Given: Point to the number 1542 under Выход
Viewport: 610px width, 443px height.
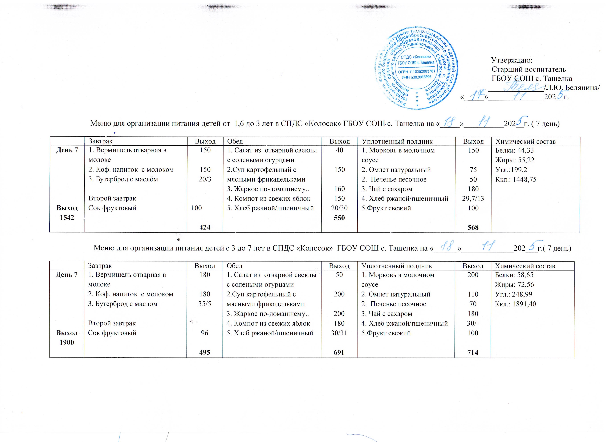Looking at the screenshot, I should point(67,218).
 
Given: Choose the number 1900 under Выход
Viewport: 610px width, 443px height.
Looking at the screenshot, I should point(67,342).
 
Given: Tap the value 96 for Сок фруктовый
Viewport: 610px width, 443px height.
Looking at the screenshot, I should point(205,333).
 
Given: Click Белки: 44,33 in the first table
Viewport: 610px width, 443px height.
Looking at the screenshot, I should point(515,150).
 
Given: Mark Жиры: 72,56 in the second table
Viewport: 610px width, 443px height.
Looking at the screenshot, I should point(514,284).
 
